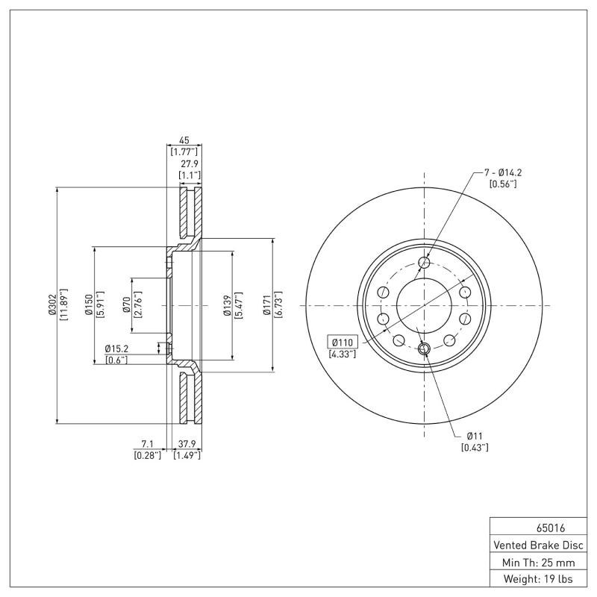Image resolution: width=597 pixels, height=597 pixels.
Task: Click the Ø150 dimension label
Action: pos(89,305)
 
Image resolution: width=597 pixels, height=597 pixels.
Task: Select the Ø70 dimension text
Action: pos(127,305)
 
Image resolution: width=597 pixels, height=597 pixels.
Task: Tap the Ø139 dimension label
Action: pos(227,305)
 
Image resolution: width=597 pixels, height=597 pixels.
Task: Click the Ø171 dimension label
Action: pos(266,305)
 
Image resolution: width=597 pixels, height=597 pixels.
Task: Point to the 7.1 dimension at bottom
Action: pos(148,445)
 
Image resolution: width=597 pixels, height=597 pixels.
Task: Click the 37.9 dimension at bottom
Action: pos(187,445)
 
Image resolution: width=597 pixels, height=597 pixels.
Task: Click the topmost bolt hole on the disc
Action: pos(425,262)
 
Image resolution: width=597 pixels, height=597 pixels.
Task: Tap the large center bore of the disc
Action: pos(424,305)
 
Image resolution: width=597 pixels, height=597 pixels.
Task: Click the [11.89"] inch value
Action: pos(64,304)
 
